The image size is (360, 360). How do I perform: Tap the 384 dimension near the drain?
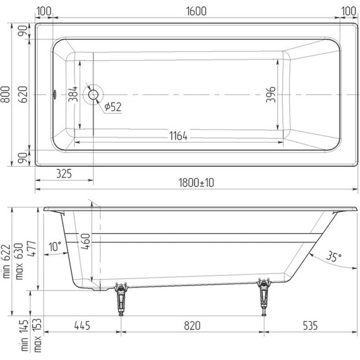(73, 95)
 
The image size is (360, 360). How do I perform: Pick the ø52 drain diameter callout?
(112, 107)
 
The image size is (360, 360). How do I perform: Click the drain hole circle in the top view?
(93, 95)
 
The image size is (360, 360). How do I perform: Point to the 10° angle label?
(56, 246)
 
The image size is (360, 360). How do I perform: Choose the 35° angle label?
(334, 256)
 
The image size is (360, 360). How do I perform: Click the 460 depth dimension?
(85, 243)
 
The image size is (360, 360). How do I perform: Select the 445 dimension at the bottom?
(82, 326)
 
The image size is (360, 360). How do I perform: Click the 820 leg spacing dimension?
(192, 326)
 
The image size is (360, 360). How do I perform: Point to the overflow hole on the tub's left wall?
(55, 95)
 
